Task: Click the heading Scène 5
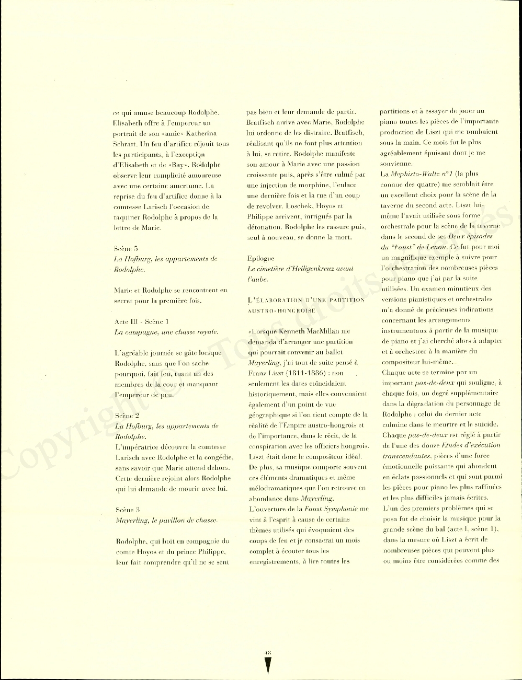(x=126, y=248)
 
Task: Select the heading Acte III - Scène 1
(x=142, y=321)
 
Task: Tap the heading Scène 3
(x=128, y=510)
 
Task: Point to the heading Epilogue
(x=260, y=258)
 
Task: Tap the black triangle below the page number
(x=268, y=665)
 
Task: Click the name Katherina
(x=201, y=133)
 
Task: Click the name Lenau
(x=435, y=247)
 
